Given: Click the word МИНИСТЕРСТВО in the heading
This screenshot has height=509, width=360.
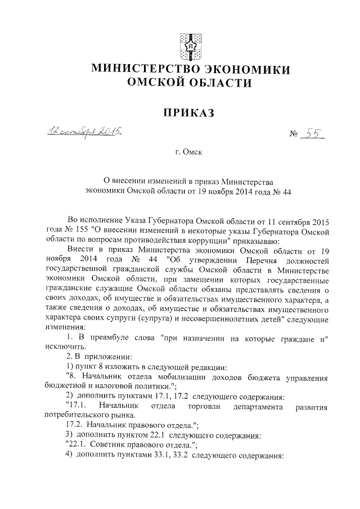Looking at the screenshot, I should [141, 70].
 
